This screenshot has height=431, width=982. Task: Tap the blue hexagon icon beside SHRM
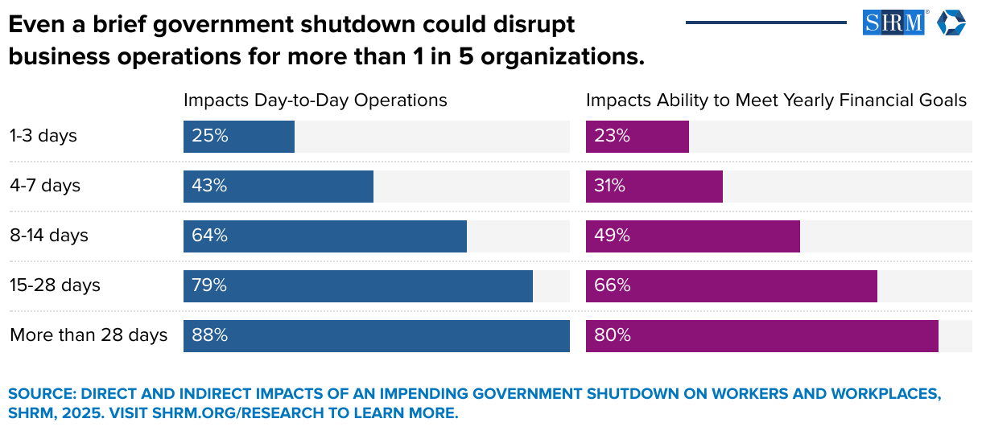[x=951, y=23]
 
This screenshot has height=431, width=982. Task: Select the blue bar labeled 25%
[x=239, y=137]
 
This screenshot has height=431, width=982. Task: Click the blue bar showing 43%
[x=279, y=187]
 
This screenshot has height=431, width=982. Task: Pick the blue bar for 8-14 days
[x=325, y=236]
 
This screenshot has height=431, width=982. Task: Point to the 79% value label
[x=209, y=286]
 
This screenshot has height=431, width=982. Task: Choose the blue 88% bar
[x=377, y=336]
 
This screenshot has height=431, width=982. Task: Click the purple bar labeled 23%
[x=637, y=137]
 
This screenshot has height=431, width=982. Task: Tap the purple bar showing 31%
[x=654, y=187]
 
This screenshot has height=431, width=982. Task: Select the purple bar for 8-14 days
[x=693, y=236]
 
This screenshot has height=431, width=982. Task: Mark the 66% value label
[x=612, y=286]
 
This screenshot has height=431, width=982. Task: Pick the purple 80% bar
[x=762, y=336]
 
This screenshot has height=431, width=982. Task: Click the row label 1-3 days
[x=43, y=136]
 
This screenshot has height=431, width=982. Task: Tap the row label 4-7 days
[x=45, y=186]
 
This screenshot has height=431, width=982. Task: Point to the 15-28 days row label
[x=55, y=285]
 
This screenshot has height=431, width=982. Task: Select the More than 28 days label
[x=89, y=335]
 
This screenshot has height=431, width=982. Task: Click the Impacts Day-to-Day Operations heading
[x=316, y=101]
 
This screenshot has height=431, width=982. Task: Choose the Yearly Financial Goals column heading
[x=776, y=101]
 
